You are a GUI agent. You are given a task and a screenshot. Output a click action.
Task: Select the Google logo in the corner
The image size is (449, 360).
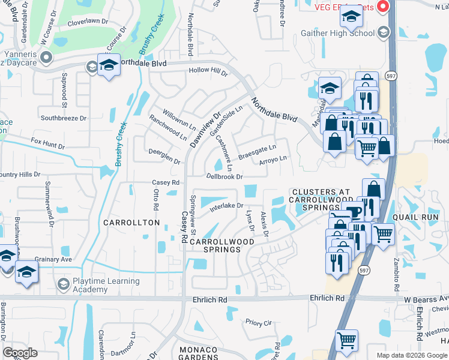20,353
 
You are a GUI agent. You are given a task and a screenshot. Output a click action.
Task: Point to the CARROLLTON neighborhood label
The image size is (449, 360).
131,223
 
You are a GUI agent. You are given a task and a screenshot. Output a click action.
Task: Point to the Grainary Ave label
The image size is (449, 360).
53,259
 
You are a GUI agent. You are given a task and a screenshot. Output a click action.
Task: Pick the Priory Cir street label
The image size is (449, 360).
259,323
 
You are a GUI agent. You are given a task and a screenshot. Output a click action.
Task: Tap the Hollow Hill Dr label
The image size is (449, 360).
208,72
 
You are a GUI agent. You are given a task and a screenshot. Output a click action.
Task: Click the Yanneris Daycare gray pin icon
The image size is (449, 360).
46,57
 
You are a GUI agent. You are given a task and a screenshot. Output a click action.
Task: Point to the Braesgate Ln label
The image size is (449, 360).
257,152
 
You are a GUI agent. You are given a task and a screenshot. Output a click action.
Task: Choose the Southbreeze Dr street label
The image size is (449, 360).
64,118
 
